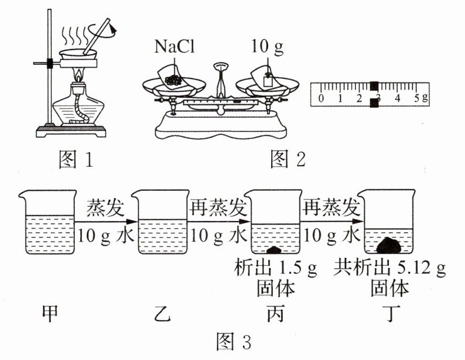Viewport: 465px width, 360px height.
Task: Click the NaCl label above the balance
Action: coord(174,47)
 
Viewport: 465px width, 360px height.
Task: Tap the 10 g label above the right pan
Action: coord(267,47)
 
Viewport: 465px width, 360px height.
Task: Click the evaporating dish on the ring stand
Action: coord(78,55)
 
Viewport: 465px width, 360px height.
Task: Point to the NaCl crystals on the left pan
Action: coord(173,80)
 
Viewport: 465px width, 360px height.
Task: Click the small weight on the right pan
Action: coord(268,80)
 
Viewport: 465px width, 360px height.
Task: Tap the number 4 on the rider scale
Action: coord(397,98)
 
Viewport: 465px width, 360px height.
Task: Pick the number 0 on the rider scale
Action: coord(321,98)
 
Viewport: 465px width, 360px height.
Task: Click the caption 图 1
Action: coord(76,159)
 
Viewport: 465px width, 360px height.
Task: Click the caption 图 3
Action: coord(234,341)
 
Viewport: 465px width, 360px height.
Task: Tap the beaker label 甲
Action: coord(50,313)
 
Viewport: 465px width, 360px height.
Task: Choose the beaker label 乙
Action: coord(163,313)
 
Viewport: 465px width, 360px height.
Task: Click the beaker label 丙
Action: coord(275,313)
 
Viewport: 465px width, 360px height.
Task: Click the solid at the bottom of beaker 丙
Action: coord(274,250)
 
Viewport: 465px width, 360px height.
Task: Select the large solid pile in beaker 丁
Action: coord(389,246)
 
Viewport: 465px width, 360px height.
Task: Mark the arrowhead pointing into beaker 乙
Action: coord(132,222)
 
